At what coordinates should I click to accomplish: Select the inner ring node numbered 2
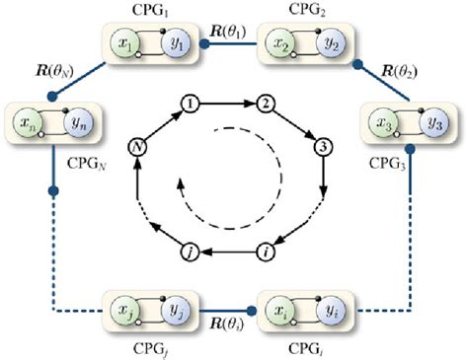coord(265,104)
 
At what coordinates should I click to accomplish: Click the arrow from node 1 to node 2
coord(229,104)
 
